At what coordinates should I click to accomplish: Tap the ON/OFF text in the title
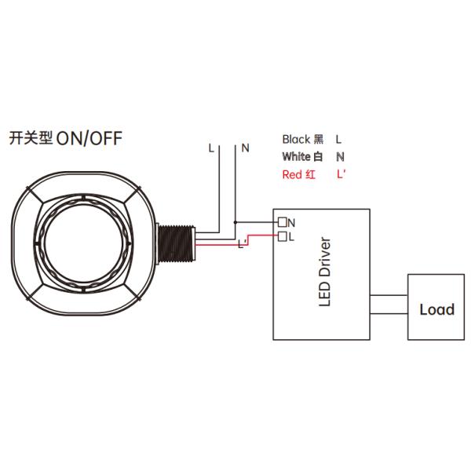tap(89, 139)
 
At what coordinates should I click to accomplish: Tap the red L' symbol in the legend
tap(341, 175)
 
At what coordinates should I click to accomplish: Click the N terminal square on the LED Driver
tap(282, 223)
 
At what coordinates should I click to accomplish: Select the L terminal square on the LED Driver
tap(282, 235)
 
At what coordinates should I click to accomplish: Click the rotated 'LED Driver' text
tap(324, 271)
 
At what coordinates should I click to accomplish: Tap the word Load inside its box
tap(436, 309)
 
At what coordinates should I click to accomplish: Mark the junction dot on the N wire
tap(235, 223)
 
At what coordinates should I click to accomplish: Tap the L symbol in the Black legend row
tap(338, 139)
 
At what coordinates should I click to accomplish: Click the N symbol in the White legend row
tap(338, 157)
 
